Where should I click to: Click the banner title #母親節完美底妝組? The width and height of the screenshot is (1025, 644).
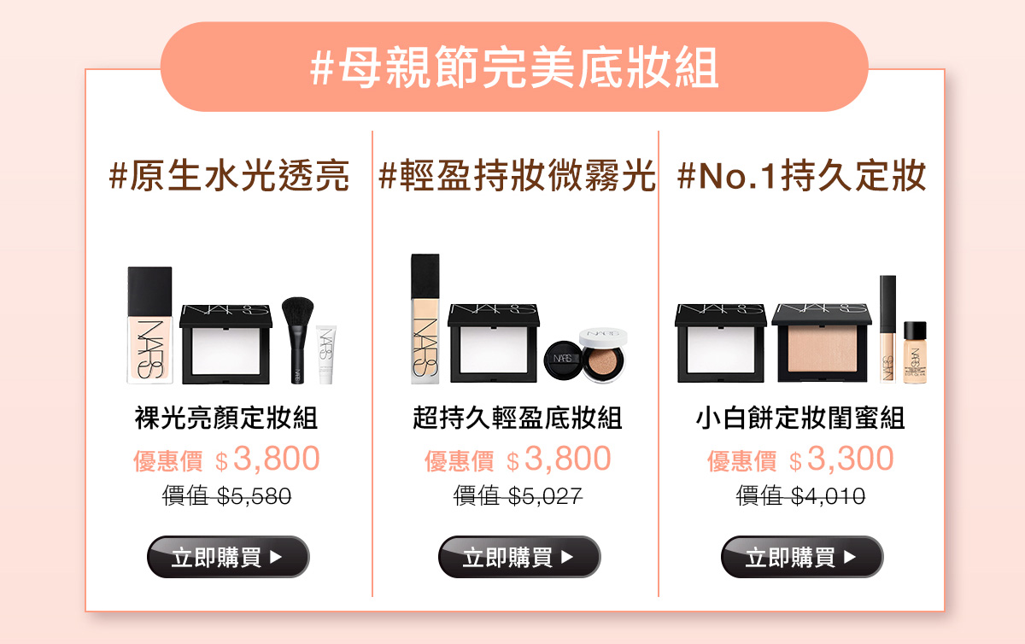pyautogui.click(x=514, y=67)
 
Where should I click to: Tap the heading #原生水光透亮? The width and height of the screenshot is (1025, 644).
pyautogui.click(x=229, y=176)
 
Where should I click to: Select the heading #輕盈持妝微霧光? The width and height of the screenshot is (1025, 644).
pyautogui.click(x=517, y=176)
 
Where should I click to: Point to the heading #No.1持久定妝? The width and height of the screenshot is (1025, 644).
pyautogui.click(x=801, y=176)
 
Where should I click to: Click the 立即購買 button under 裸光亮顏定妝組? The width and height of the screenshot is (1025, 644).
pyautogui.click(x=228, y=557)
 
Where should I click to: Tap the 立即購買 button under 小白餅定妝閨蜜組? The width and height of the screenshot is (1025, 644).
pyautogui.click(x=802, y=557)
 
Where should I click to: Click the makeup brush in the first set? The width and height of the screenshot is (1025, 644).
pyautogui.click(x=297, y=340)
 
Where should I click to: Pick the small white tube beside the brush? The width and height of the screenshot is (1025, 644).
pyautogui.click(x=325, y=354)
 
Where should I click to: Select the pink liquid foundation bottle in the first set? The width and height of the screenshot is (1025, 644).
pyautogui.click(x=149, y=325)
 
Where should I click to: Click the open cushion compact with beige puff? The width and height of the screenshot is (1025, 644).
pyautogui.click(x=603, y=354)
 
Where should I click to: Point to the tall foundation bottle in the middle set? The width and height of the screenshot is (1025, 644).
pyautogui.click(x=425, y=319)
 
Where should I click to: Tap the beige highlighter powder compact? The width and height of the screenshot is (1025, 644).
pyautogui.click(x=822, y=342)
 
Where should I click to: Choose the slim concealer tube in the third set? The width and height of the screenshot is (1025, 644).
pyautogui.click(x=887, y=329)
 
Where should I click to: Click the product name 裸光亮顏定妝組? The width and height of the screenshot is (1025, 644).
pyautogui.click(x=226, y=418)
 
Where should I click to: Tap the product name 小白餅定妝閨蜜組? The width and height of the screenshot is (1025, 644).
pyautogui.click(x=800, y=418)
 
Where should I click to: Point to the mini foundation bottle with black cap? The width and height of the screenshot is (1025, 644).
pyautogui.click(x=915, y=353)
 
